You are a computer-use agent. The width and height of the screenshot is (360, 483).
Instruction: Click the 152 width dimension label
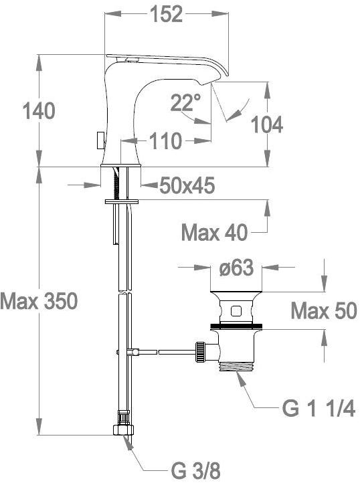click(x=166, y=14)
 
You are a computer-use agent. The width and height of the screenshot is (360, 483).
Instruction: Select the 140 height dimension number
click(x=39, y=111)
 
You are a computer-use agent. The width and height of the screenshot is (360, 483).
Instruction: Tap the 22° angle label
click(x=185, y=102)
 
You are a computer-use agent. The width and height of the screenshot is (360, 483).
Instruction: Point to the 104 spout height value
click(x=267, y=124)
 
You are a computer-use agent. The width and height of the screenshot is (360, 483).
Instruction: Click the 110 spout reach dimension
click(x=166, y=141)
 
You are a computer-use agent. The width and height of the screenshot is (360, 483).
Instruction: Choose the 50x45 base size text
click(x=187, y=186)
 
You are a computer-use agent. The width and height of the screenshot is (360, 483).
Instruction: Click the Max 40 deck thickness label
click(x=215, y=232)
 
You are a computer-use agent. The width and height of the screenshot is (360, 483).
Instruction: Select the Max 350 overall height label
click(x=39, y=301)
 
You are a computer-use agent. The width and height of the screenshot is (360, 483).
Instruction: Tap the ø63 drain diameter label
click(x=236, y=268)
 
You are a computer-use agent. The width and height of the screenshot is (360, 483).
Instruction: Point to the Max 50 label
click(x=324, y=311)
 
